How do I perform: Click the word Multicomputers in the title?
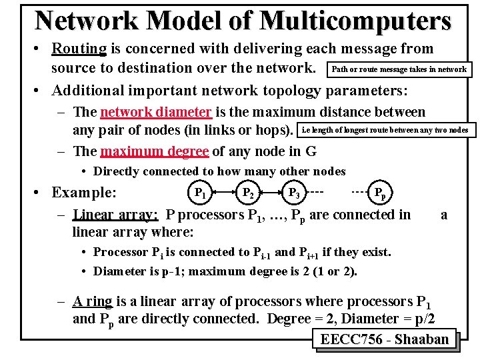coord(356,20)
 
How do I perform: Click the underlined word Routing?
coord(79,49)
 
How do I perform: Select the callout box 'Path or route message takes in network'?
coord(399,69)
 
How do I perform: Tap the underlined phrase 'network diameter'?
coord(155,112)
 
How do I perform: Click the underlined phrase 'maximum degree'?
coord(153,151)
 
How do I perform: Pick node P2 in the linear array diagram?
coord(247,193)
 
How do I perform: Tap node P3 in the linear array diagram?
coord(293,193)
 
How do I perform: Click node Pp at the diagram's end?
coord(379,193)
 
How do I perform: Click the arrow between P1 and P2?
coord(223,193)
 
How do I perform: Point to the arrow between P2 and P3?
coord(270,193)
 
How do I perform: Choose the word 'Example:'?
coord(84,193)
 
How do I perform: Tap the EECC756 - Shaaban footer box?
coord(385,339)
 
